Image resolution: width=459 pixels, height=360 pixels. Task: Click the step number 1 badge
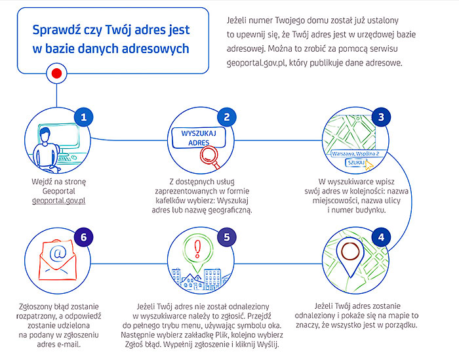[x=84, y=117]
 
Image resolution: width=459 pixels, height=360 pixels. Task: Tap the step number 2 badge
[x=227, y=117]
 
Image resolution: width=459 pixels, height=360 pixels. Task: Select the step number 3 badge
[x=381, y=117]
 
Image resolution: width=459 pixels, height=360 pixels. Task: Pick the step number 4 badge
[x=381, y=237]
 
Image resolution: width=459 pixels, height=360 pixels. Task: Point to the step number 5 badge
[x=227, y=237]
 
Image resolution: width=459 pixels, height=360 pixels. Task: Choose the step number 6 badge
[x=84, y=237]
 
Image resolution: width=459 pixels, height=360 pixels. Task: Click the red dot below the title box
[x=56, y=73]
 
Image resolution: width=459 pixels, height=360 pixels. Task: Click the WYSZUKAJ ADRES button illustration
[x=199, y=138]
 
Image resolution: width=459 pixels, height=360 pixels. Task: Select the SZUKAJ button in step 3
[x=356, y=163]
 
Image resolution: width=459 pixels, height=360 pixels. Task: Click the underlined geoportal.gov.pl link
[x=58, y=201]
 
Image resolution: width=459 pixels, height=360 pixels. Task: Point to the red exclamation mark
[x=197, y=249]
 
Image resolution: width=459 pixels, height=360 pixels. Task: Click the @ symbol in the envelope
[x=58, y=252]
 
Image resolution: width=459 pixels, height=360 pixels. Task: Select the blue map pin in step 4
[x=350, y=256]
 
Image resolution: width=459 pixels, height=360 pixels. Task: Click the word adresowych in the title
[x=155, y=49]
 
